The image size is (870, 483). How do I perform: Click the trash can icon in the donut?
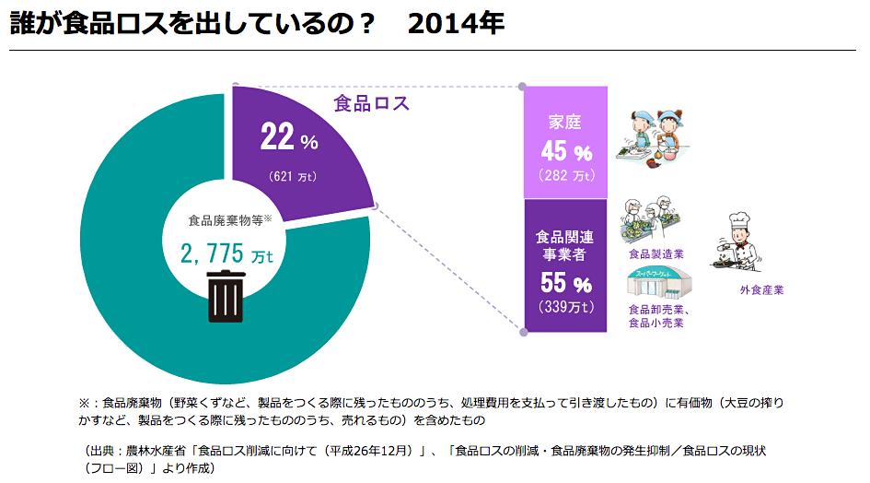(x=226, y=295)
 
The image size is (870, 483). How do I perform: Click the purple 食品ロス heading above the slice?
(x=371, y=102)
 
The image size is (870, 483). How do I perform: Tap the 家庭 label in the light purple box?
(x=564, y=122)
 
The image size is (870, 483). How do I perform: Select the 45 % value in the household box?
(x=565, y=150)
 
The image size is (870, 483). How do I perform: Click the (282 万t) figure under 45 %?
(x=565, y=175)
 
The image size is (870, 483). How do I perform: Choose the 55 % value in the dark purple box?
(x=565, y=283)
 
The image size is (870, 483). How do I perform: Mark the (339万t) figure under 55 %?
(x=565, y=307)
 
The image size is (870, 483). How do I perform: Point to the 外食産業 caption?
(x=761, y=290)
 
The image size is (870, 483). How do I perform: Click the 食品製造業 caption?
(x=655, y=253)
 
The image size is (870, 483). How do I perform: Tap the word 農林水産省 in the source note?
(x=156, y=450)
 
